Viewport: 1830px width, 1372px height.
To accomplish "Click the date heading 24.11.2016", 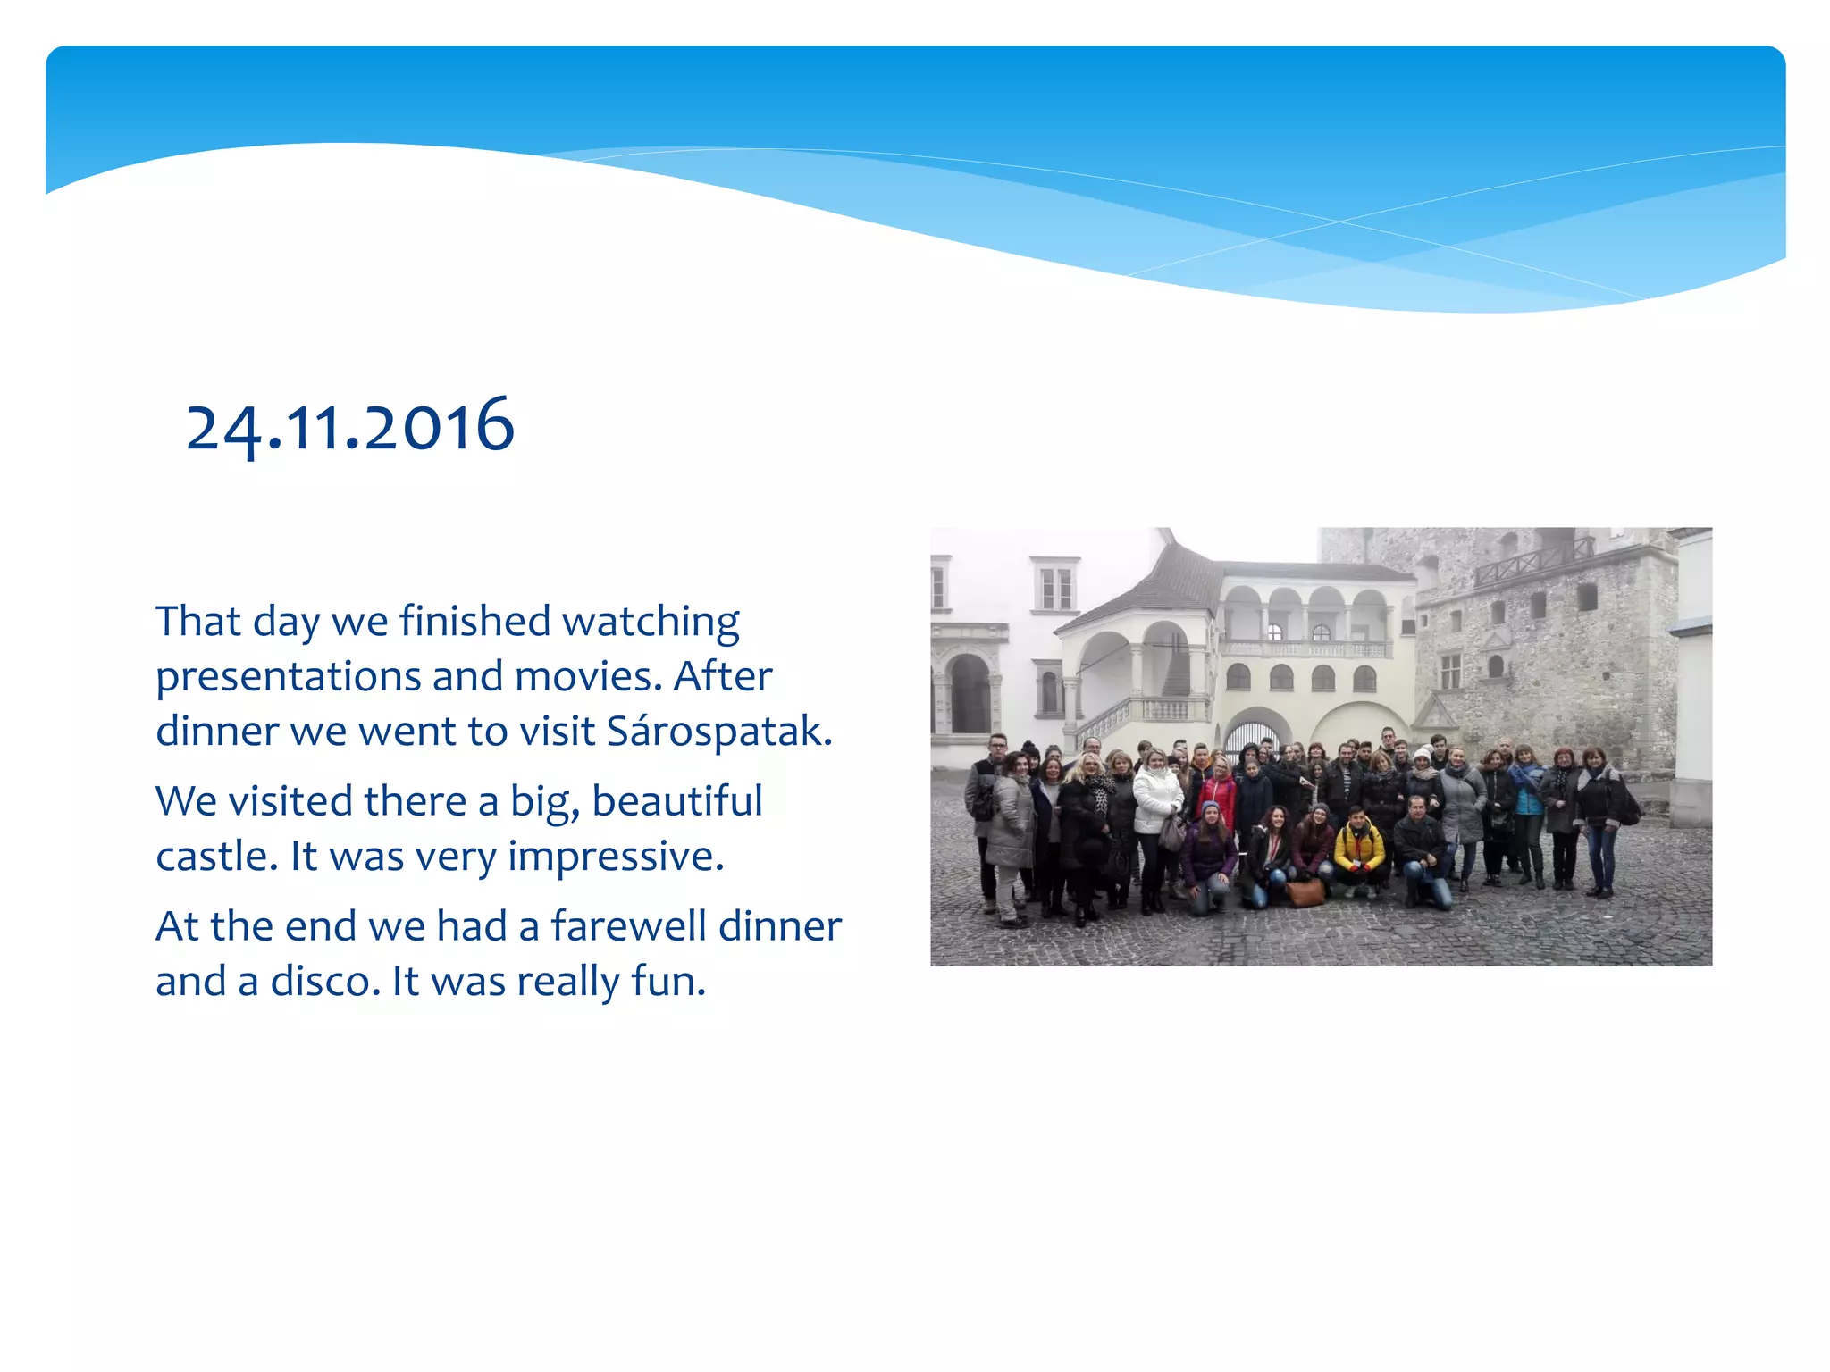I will [349, 427].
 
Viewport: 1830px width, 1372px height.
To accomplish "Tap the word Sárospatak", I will [718, 732].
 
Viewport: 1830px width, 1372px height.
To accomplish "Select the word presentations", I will [287, 677].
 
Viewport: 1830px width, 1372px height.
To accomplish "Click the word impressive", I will [616, 857].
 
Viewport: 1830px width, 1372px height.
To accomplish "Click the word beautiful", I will [677, 801].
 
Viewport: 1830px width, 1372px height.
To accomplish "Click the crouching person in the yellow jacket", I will [1358, 849].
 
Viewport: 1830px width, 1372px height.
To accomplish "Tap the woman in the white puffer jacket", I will [1155, 799].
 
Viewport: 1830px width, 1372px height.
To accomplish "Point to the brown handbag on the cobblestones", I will [1305, 891].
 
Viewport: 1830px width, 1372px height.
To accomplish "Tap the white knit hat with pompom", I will [1423, 755].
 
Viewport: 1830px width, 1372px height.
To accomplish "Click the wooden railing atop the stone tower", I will [1532, 561].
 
